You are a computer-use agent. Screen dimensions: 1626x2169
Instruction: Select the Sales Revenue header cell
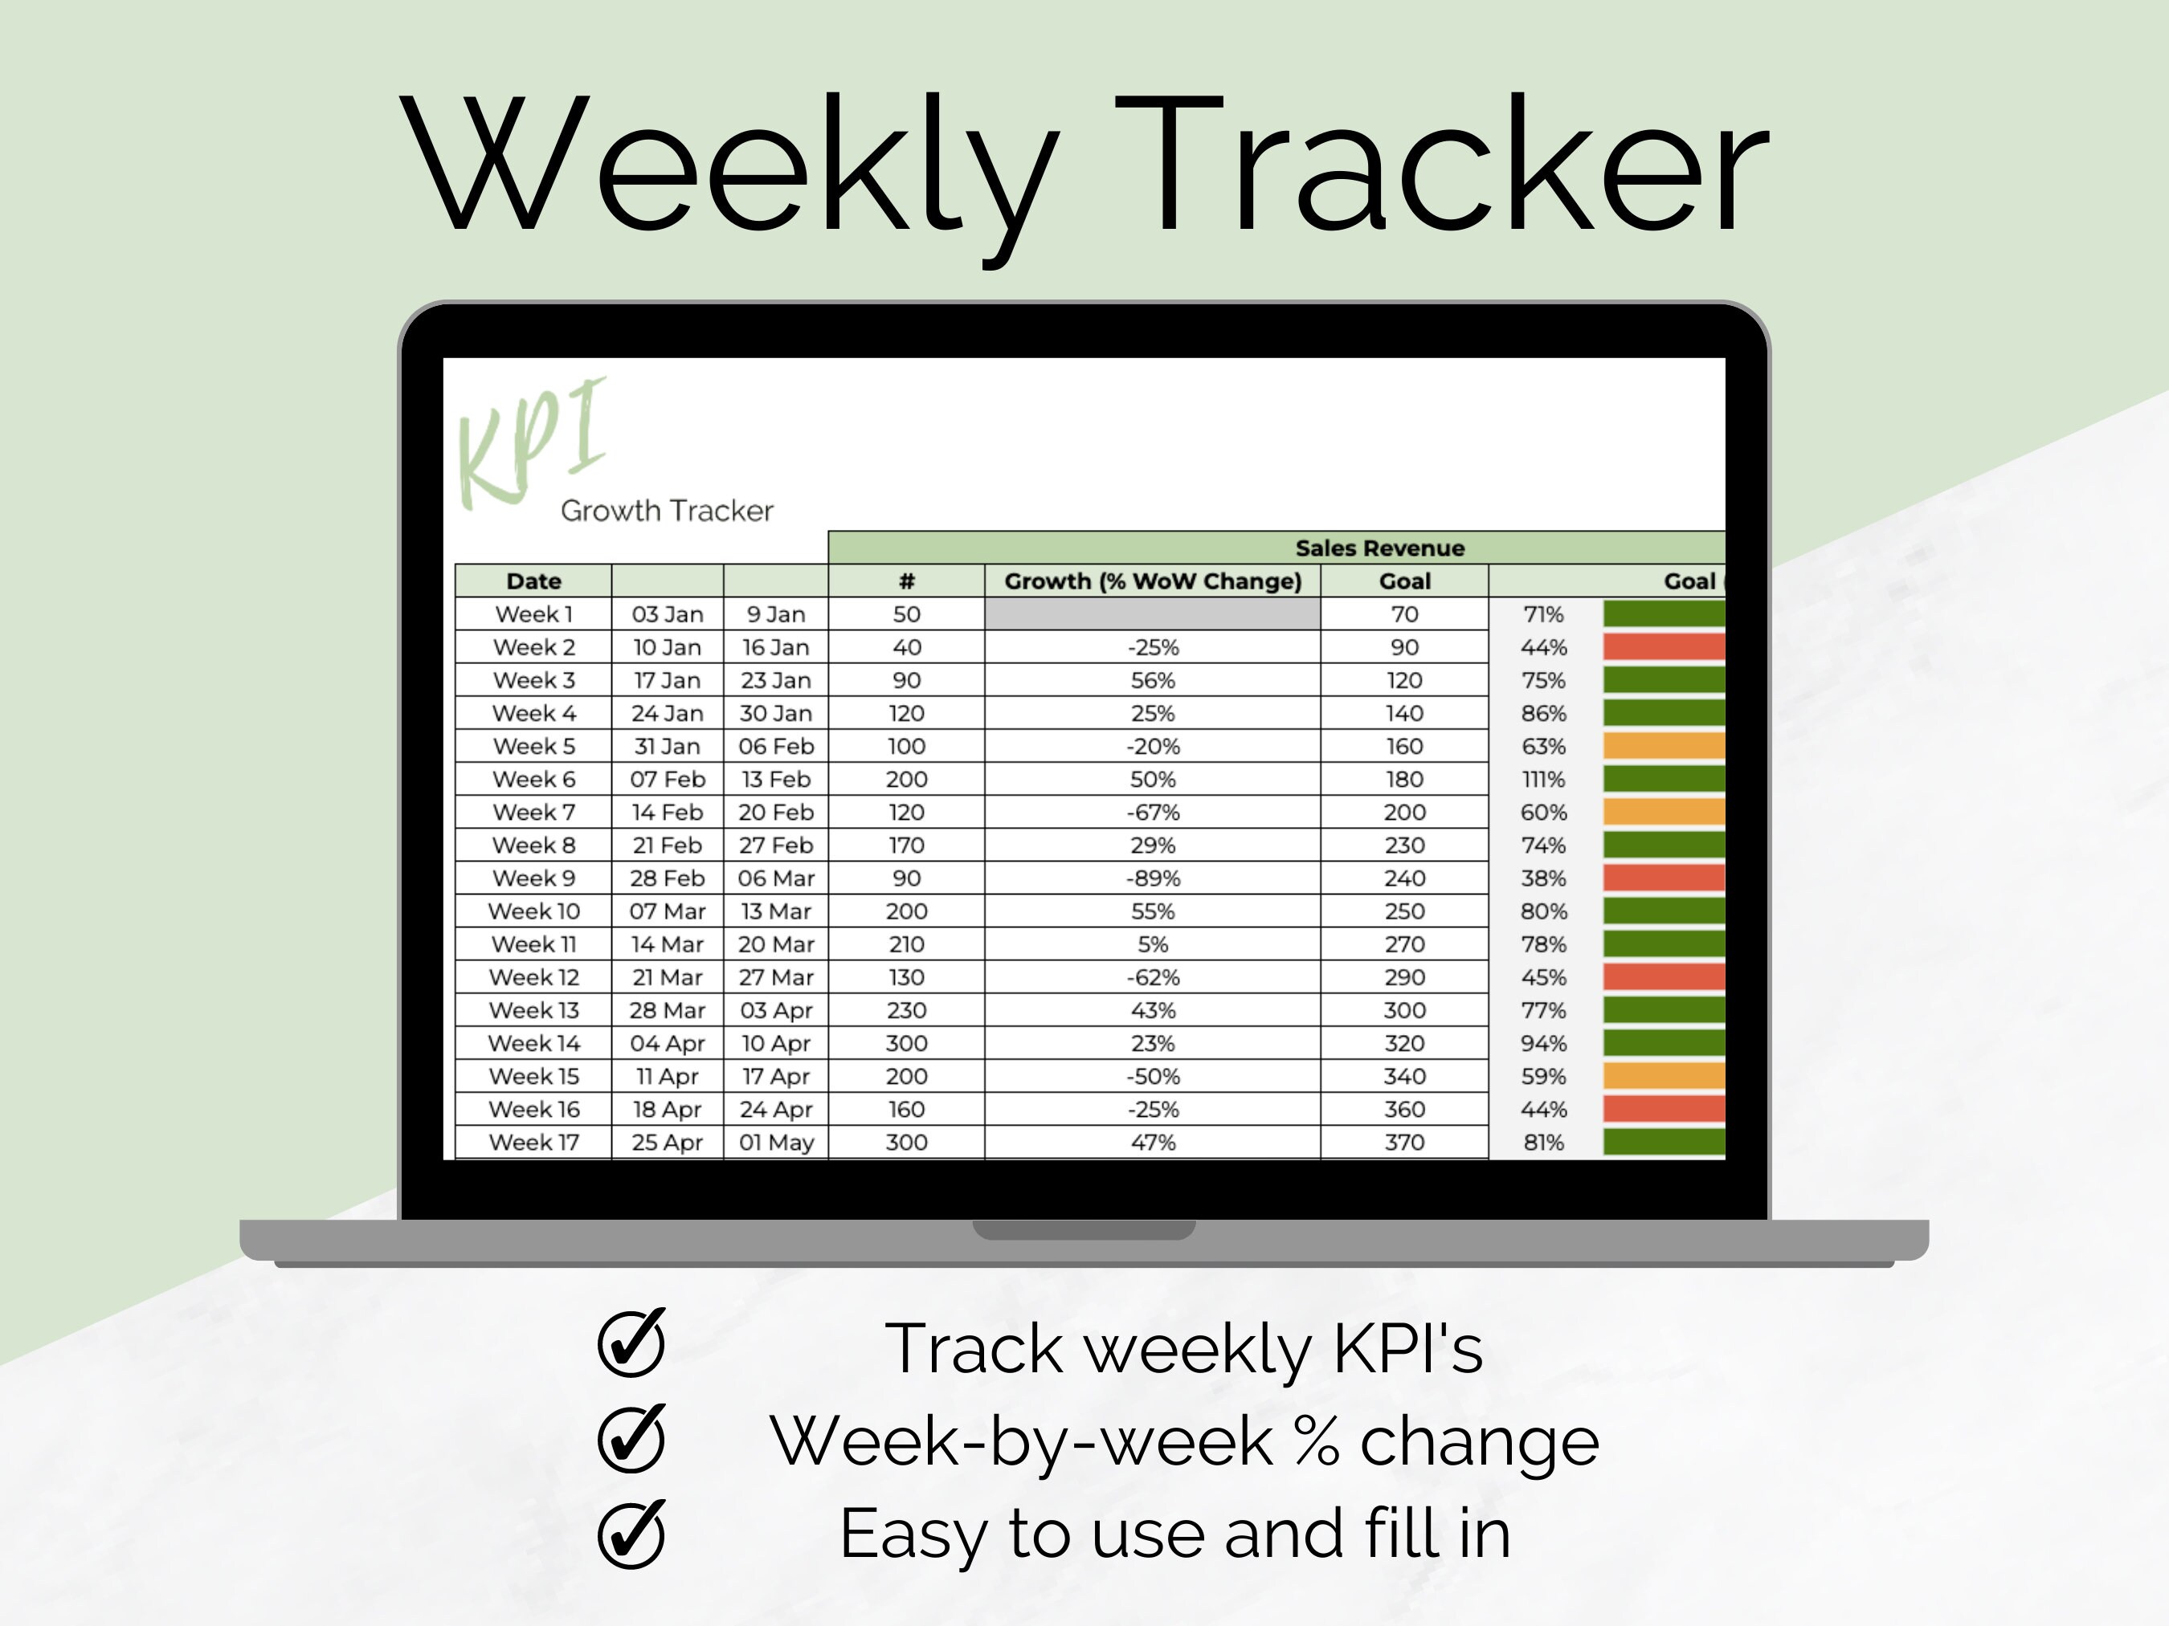[x=1379, y=548]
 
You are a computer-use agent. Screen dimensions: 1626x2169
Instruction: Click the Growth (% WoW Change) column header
[x=1152, y=581]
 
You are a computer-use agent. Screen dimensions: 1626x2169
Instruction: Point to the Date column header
[x=533, y=581]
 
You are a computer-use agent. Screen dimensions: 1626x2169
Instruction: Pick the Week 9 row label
[x=533, y=878]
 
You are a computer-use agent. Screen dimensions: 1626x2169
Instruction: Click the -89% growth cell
[x=1152, y=878]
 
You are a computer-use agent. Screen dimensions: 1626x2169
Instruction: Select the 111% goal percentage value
[x=1543, y=779]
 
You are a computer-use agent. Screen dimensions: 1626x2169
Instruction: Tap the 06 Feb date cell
[x=776, y=746]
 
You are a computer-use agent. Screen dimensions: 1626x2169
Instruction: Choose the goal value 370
[x=1404, y=1142]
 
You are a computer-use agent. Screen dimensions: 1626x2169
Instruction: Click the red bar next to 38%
[x=1663, y=878]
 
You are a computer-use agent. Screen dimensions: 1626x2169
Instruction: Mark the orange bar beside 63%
[x=1663, y=746]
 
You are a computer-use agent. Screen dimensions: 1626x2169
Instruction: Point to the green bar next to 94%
[x=1663, y=1043]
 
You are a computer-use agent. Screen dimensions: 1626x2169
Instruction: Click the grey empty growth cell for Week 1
[x=1152, y=614]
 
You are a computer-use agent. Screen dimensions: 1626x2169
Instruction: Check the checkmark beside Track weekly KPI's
[x=631, y=1343]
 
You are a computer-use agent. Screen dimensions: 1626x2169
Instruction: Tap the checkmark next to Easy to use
[x=631, y=1534]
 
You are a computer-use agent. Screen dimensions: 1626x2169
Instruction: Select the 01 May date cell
[x=776, y=1142]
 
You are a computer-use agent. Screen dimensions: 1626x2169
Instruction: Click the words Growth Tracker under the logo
[x=667, y=511]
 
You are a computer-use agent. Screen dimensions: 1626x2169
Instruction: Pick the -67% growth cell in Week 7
[x=1152, y=813]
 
